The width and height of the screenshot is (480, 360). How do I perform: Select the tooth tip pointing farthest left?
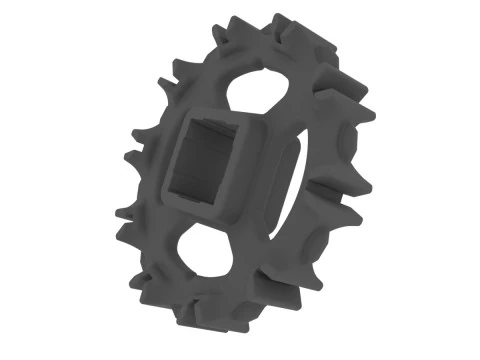pyautogui.click(x=118, y=212)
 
